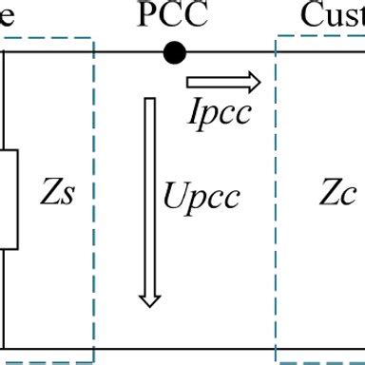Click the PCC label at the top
tap(171, 15)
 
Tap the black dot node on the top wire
tap(172, 52)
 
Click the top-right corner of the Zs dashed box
tap(93, 38)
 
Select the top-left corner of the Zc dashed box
tap(277, 38)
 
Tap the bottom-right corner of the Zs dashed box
tap(93, 360)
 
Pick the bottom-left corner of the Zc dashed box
tap(277, 360)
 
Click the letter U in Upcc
tap(175, 198)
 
